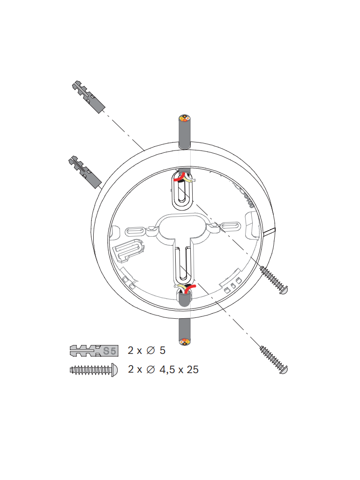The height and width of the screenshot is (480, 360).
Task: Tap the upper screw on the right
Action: (x=274, y=280)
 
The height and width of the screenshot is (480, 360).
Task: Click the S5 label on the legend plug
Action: (x=110, y=350)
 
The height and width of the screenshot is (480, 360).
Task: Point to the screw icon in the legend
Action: (x=93, y=369)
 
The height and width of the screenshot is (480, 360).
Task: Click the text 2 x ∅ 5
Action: (x=147, y=350)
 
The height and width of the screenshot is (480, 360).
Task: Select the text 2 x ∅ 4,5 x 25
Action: (x=163, y=369)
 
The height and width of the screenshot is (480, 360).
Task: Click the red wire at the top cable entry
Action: (x=179, y=179)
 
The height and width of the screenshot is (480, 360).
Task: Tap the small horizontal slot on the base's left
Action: (x=136, y=231)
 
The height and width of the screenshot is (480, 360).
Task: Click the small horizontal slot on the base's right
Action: (x=231, y=226)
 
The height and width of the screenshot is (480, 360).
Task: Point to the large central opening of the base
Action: (x=183, y=226)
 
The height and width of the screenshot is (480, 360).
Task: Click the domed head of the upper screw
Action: (x=284, y=290)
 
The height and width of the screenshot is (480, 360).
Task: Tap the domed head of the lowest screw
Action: (x=284, y=369)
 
